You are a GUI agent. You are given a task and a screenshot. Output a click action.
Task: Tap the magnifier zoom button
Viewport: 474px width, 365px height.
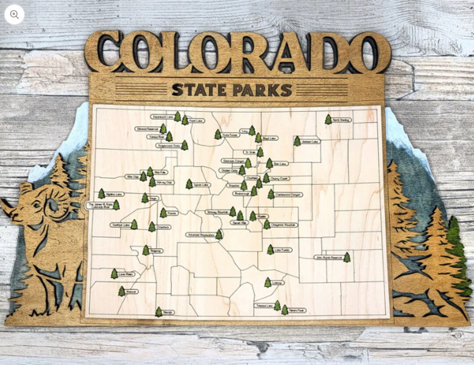[14, 14]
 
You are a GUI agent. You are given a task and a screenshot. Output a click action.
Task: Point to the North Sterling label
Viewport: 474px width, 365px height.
[341, 120]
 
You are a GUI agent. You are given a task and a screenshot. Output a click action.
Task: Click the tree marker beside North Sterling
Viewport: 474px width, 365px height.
[328, 119]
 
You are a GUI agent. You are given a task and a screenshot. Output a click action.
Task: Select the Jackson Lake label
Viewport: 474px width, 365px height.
[311, 142]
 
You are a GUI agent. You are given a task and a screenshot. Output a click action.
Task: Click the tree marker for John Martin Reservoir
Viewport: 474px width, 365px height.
[347, 257]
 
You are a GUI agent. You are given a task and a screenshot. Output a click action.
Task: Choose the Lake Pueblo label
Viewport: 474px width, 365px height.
[283, 250]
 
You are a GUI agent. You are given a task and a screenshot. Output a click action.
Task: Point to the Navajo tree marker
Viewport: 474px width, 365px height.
[158, 311]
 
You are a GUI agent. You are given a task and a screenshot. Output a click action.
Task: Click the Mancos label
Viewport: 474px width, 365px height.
[132, 292]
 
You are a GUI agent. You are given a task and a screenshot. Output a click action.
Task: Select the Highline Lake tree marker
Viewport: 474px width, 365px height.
[101, 193]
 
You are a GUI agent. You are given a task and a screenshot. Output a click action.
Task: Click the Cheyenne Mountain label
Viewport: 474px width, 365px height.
[284, 225]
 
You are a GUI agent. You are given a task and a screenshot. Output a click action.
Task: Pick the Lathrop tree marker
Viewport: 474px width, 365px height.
[268, 283]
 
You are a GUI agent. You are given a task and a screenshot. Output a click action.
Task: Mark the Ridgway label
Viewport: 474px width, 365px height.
[156, 251]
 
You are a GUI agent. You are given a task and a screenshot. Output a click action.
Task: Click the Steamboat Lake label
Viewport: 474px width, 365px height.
[162, 117]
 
